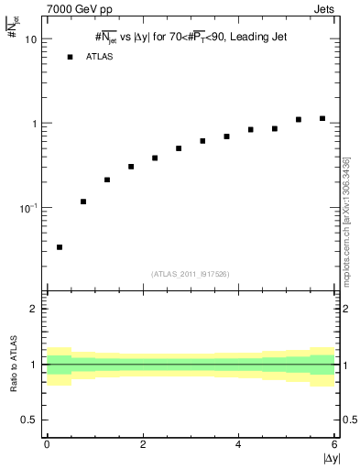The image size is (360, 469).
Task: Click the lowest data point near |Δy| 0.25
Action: click(60, 247)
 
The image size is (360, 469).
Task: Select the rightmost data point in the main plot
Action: click(322, 118)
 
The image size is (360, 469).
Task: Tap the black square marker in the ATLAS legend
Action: click(70, 57)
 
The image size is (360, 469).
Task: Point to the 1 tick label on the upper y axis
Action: click(35, 124)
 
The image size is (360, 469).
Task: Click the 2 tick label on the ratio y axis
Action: click(35, 309)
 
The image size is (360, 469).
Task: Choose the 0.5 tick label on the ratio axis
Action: click(30, 420)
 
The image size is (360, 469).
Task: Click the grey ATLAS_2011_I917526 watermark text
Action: click(191, 274)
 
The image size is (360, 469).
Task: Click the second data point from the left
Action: click(83, 202)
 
